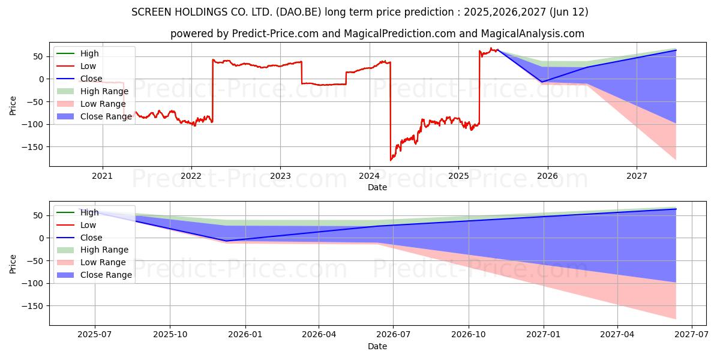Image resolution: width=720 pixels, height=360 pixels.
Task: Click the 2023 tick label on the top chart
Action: tap(280, 175)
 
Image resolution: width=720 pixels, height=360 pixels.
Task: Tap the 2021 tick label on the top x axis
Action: tap(103, 175)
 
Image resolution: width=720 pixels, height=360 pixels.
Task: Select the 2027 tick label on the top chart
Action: tap(637, 175)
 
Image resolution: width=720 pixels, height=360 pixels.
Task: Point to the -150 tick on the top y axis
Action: tap(34, 147)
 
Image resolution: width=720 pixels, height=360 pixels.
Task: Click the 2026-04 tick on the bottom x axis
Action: tap(319, 335)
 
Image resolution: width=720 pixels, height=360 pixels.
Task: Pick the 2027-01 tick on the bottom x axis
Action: tap(544, 335)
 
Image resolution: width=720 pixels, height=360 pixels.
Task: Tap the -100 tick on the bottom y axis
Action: tap(34, 283)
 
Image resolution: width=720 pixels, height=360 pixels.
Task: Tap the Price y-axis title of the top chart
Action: tap(13, 105)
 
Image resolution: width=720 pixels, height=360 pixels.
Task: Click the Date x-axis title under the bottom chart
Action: tap(377, 346)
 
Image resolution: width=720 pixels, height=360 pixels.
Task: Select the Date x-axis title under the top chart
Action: tap(377, 187)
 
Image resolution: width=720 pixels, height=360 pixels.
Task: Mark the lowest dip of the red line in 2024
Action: tap(391, 160)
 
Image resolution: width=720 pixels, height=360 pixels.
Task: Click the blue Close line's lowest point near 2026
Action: tap(542, 82)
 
